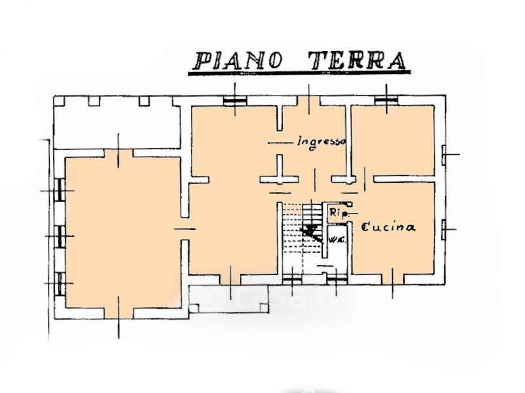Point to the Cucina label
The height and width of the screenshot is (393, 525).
click(388, 227)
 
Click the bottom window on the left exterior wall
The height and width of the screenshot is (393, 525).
click(60, 282)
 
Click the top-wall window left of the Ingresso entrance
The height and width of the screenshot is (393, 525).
click(234, 100)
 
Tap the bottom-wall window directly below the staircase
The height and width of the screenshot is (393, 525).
click(291, 278)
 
